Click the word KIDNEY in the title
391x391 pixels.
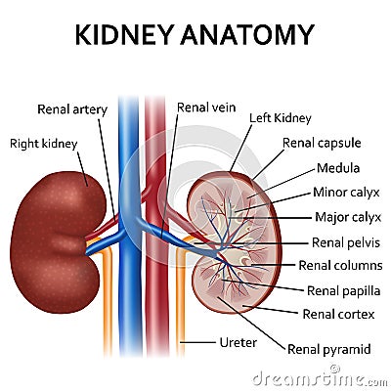(x=123, y=34)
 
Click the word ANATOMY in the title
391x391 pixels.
(x=247, y=34)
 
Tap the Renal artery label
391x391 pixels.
(x=72, y=109)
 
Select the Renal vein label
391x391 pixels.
(x=206, y=108)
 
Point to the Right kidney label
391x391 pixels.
(x=44, y=144)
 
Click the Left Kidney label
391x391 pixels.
(x=281, y=118)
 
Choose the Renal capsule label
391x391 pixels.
(x=322, y=143)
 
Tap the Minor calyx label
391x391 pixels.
(x=346, y=193)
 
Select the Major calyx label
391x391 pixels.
(x=348, y=217)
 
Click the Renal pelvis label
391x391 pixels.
(x=346, y=242)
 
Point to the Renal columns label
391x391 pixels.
(x=340, y=266)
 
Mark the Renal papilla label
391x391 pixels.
(x=344, y=290)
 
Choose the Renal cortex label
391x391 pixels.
(x=338, y=315)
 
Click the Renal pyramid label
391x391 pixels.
(x=329, y=350)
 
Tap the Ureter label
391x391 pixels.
(x=239, y=342)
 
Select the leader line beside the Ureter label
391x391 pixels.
(x=198, y=342)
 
